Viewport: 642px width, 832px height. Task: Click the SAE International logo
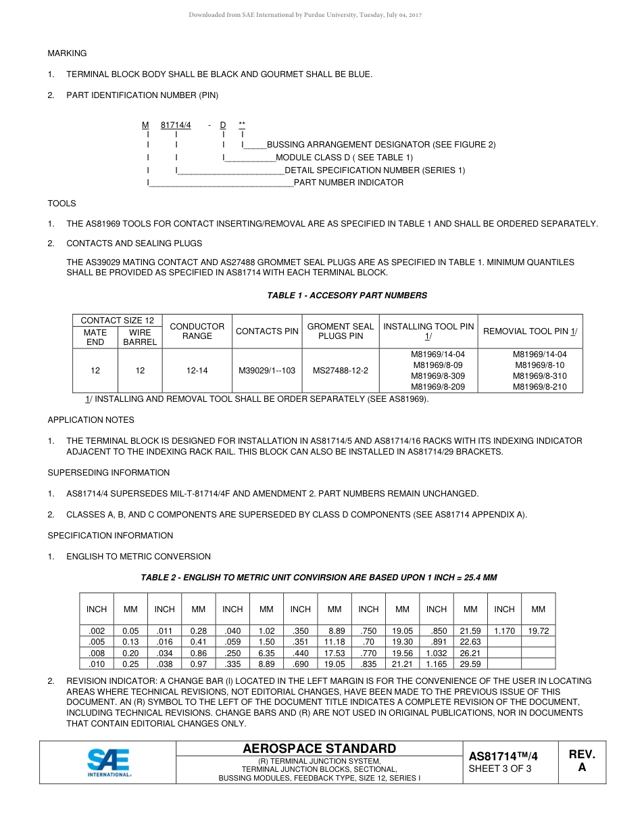tap(108, 762)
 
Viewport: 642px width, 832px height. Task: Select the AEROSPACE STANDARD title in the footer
tap(319, 748)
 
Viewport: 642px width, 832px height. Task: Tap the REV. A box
tap(581, 761)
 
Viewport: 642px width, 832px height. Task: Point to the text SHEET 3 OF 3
tap(499, 768)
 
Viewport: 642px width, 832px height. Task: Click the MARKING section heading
tap(67, 53)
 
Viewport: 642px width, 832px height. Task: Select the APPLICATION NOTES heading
tap(91, 420)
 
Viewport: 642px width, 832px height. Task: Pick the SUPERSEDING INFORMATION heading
tap(108, 473)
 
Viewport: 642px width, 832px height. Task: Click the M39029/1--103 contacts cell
tap(267, 371)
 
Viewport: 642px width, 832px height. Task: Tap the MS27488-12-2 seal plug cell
tap(340, 371)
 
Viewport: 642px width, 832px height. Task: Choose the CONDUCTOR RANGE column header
tap(197, 331)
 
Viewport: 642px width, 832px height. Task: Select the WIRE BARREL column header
tap(140, 337)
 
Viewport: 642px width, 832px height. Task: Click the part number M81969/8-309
tap(438, 376)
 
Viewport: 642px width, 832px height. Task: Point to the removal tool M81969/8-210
tap(539, 387)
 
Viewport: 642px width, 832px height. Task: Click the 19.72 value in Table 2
tap(538, 631)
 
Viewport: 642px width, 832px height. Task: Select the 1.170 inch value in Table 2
tap(504, 631)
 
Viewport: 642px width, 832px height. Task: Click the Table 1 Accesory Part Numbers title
tap(347, 296)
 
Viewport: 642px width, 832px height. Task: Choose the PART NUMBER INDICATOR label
tap(348, 183)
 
